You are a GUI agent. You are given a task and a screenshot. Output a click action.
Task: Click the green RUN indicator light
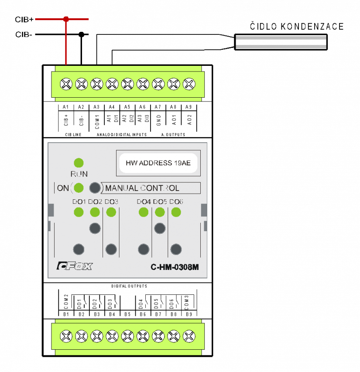(79, 163)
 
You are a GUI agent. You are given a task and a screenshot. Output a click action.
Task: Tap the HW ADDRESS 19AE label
(158, 163)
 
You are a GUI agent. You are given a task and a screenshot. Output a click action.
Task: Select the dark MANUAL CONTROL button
(95, 188)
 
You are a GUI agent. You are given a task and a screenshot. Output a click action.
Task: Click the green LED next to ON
(79, 188)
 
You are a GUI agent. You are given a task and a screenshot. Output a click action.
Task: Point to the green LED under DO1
(79, 212)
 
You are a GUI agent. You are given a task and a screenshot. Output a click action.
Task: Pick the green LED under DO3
(111, 212)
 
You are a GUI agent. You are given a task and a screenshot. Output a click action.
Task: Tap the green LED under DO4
(144, 212)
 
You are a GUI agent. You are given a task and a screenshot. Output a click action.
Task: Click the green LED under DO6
(176, 212)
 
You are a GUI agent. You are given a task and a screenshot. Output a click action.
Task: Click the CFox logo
(75, 266)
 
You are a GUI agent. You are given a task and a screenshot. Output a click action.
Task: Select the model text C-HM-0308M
(175, 267)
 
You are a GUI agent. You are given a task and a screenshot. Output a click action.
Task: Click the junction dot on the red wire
(66, 19)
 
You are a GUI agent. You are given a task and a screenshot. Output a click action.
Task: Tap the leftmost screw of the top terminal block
(66, 84)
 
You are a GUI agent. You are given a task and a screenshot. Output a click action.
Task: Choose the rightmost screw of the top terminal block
(189, 84)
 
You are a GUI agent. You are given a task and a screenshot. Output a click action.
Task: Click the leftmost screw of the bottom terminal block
(66, 336)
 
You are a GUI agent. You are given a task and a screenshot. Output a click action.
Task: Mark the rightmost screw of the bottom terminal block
(189, 336)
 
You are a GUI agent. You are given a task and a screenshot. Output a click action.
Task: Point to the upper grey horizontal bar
(281, 38)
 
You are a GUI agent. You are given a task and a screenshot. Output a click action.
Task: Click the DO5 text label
(160, 201)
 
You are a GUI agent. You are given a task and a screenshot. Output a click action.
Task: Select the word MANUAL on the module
(121, 188)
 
